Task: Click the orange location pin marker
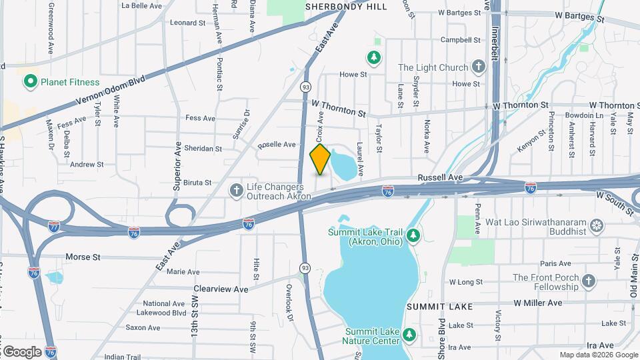[320, 159]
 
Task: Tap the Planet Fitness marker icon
[29, 82]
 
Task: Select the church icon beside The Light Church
[477, 67]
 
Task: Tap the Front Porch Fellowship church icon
[588, 282]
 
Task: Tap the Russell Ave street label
[440, 178]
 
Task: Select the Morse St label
[83, 257]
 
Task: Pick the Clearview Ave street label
[221, 289]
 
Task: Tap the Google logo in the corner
[21, 351]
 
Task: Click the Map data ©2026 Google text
[597, 355]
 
